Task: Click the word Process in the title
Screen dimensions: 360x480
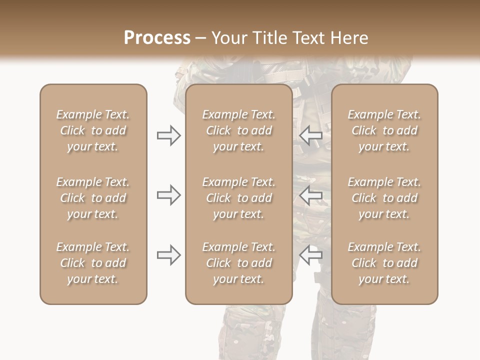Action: click(x=157, y=38)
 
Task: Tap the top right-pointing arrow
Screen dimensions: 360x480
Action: click(x=168, y=135)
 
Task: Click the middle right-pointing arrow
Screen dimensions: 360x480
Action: click(x=168, y=195)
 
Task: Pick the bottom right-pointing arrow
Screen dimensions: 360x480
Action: click(x=168, y=255)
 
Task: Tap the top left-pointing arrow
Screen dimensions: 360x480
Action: click(x=311, y=135)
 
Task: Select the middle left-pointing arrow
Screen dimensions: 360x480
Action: click(x=311, y=195)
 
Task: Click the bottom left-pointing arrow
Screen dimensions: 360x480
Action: click(x=311, y=255)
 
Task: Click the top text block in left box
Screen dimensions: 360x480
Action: click(x=93, y=130)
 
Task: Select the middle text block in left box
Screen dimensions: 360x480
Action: click(x=93, y=198)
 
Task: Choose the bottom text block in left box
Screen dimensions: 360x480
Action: click(x=93, y=263)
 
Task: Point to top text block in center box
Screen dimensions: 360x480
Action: click(x=238, y=130)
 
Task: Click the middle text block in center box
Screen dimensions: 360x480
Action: click(x=238, y=198)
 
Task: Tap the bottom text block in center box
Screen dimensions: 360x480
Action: click(x=238, y=263)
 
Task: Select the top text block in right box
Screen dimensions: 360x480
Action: click(x=384, y=130)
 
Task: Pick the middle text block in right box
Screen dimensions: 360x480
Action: click(x=384, y=198)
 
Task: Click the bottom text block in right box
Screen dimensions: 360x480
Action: click(x=384, y=263)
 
